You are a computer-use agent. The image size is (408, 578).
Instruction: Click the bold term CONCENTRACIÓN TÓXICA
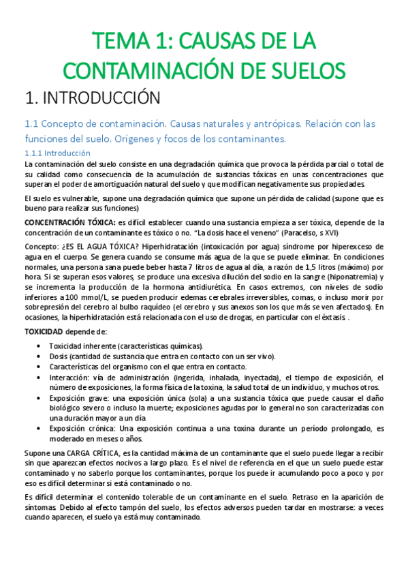tap(69, 222)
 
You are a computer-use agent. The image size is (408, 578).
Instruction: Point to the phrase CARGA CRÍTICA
tap(89, 453)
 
